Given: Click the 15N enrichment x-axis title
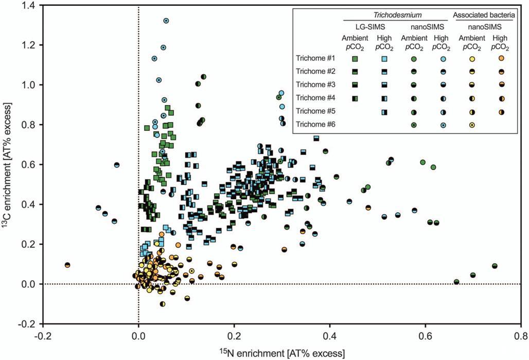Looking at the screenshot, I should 281,352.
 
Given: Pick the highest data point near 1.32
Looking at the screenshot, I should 166,21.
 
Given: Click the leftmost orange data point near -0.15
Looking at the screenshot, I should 67,265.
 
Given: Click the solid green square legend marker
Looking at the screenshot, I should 355,59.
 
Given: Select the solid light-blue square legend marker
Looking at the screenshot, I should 384,59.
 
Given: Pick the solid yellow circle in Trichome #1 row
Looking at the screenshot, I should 472,59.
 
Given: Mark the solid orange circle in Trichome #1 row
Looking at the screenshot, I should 500,59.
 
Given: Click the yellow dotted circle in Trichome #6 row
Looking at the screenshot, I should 472,125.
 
